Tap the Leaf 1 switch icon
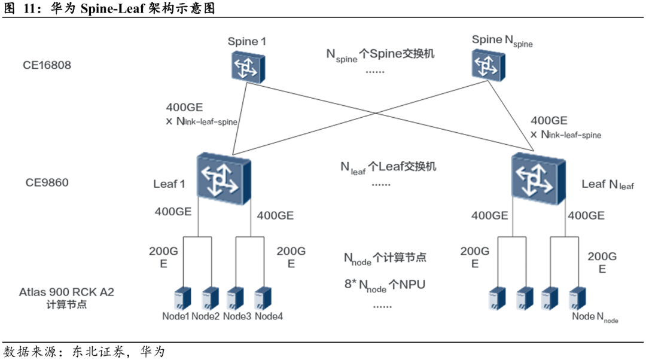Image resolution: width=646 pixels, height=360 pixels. (x=223, y=178)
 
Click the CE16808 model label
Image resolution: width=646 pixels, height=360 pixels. (x=47, y=65)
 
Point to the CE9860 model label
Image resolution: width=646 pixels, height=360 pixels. (x=47, y=182)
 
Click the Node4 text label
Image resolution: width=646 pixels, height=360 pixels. (x=269, y=316)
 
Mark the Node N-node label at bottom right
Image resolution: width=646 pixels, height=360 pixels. (x=595, y=317)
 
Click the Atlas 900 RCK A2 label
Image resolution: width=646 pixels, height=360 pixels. (x=66, y=292)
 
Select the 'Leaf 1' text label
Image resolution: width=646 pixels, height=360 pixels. (x=169, y=184)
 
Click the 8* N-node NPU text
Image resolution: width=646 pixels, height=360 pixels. (x=384, y=285)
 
